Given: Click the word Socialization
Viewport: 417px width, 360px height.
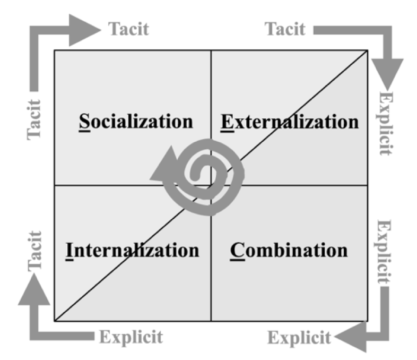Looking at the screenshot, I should (x=135, y=122).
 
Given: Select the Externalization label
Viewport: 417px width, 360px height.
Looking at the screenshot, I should (x=289, y=122).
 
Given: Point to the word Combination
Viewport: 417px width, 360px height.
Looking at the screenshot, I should (x=289, y=249).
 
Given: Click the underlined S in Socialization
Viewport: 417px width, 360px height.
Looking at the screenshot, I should (x=82, y=122).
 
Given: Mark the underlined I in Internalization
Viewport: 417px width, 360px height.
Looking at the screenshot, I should (x=69, y=249).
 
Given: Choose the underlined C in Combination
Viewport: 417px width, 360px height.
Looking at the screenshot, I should (x=236, y=249).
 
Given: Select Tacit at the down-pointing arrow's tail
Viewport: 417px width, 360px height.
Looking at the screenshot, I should (x=285, y=29).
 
